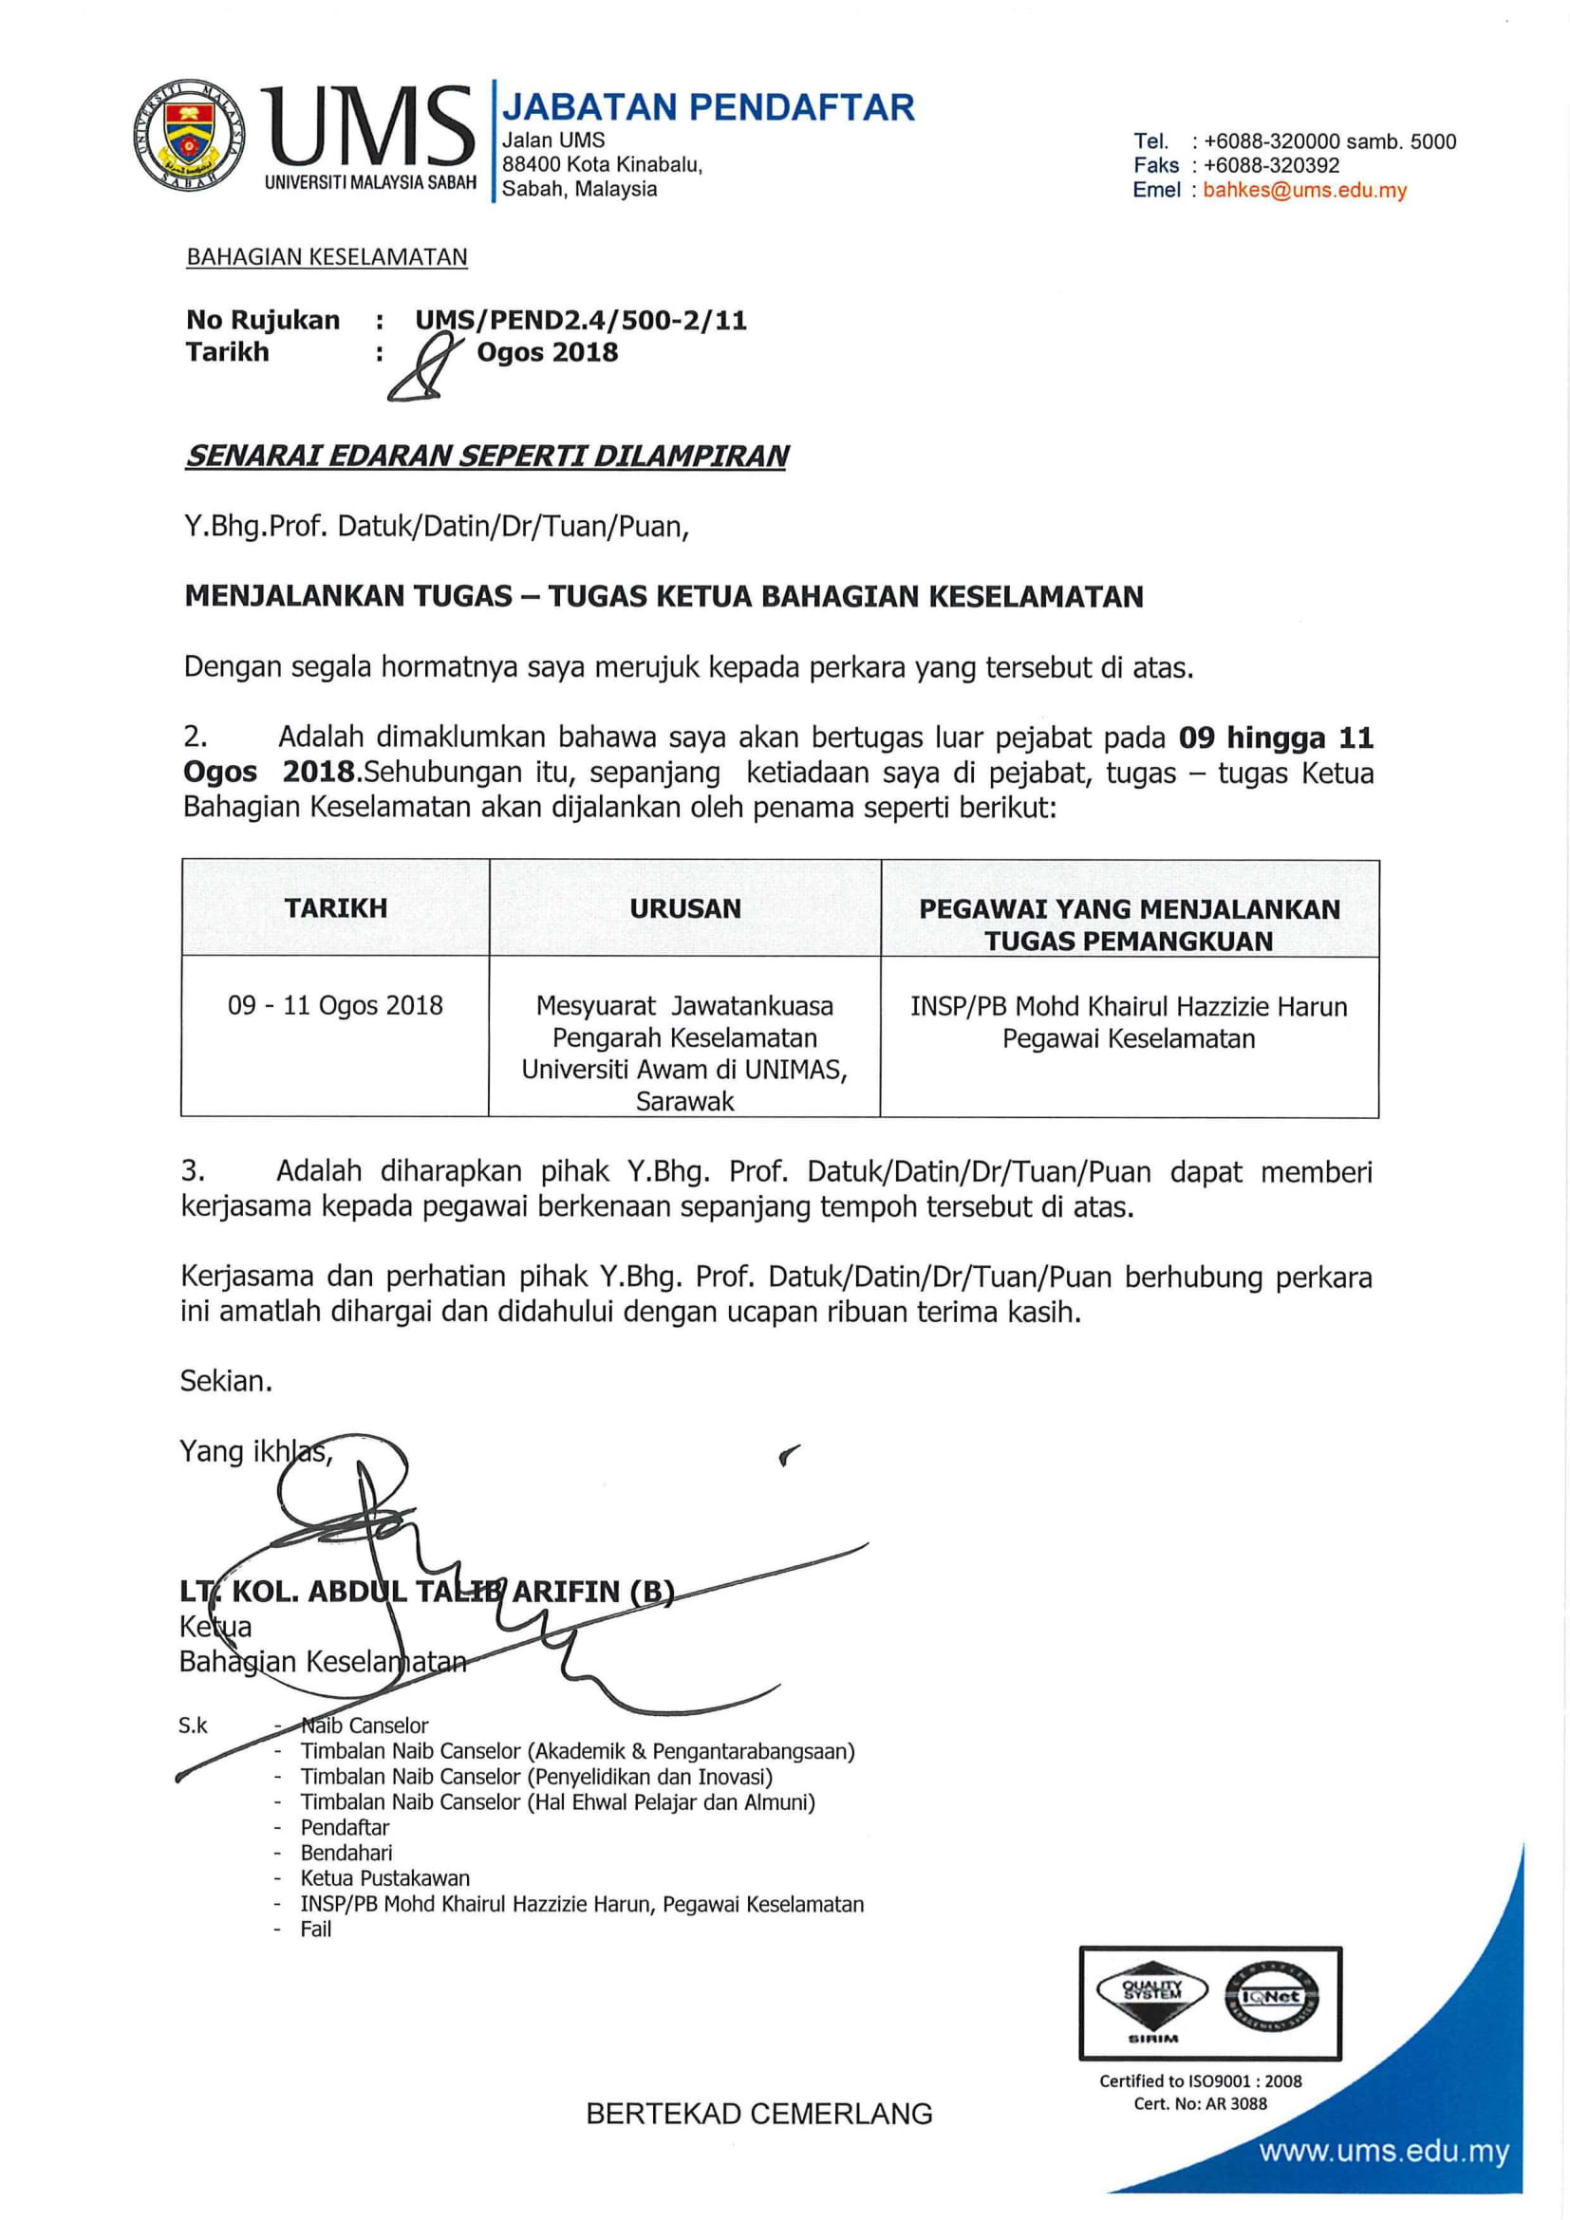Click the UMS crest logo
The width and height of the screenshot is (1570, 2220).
190,134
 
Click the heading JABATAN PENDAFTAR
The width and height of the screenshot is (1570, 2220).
708,107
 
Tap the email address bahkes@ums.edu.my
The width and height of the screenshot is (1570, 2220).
1304,191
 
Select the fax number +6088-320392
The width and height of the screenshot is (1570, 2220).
1271,165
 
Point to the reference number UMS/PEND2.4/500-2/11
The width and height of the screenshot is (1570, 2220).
581,321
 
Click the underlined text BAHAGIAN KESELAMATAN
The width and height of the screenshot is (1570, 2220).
327,257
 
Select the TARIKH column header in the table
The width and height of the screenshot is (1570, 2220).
335,908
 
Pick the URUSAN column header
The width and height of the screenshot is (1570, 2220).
685,909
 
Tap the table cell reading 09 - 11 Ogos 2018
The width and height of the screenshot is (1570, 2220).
335,1005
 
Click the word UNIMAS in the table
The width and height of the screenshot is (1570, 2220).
794,1070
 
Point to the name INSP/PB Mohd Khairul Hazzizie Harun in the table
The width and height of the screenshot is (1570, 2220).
1129,1006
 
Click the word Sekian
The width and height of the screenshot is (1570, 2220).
226,1381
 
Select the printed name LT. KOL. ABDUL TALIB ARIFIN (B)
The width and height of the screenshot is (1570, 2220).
426,1592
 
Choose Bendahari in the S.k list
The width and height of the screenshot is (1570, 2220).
346,1853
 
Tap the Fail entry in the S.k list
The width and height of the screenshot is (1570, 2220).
316,1929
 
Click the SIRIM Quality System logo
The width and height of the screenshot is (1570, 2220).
1151,2002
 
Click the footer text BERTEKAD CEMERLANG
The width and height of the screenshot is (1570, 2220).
759,2115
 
